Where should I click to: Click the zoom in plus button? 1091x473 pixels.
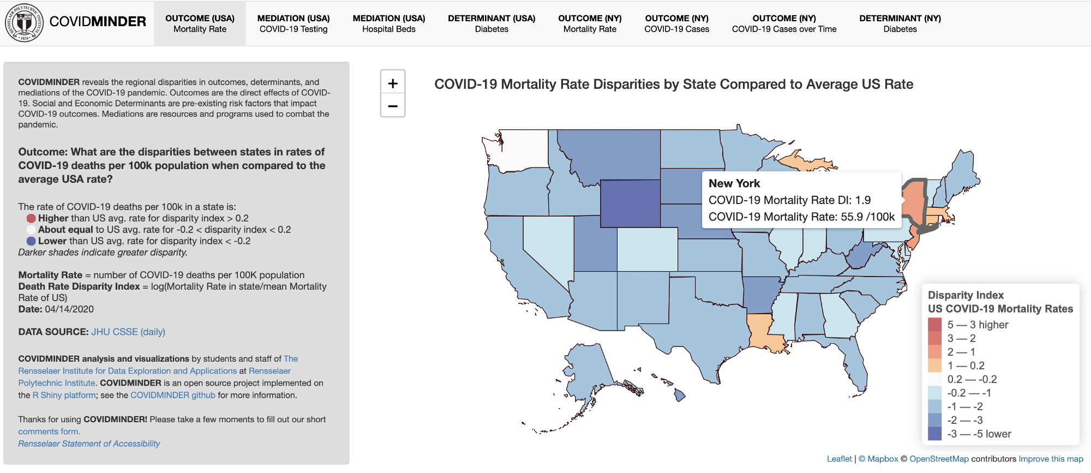[393, 83]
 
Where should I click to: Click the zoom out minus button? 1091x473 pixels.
[393, 106]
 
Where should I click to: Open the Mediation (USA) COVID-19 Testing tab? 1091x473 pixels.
[293, 23]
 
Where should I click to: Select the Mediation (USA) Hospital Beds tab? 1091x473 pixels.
[388, 23]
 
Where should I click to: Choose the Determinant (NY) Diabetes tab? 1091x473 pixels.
[900, 23]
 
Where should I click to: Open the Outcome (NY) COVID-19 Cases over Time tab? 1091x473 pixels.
[784, 23]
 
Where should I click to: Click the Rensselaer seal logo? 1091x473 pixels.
[24, 23]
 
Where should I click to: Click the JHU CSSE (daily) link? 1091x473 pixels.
[128, 332]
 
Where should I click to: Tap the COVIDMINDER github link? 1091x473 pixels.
[173, 395]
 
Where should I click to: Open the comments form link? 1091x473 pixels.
[49, 432]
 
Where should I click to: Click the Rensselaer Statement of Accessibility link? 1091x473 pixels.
[89, 444]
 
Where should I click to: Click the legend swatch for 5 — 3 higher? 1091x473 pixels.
[934, 325]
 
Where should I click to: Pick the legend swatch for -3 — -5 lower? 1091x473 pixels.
[934, 434]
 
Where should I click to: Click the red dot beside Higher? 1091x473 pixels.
[31, 218]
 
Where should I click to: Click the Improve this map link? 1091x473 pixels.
[1051, 459]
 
